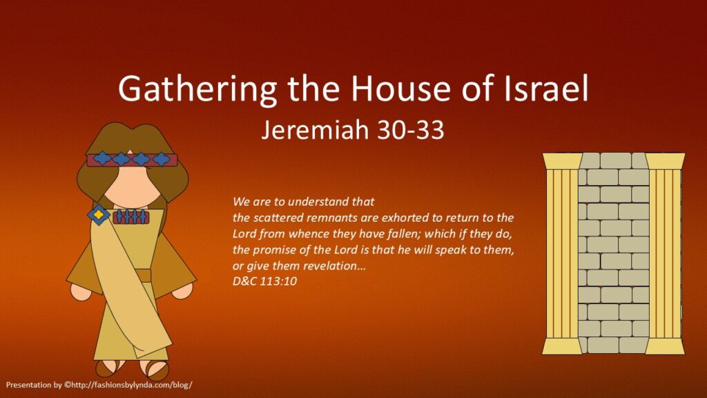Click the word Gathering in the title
(x=197, y=89)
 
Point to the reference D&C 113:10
(x=264, y=282)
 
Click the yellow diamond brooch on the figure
(x=99, y=215)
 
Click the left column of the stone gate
(x=562, y=254)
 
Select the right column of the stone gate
(x=665, y=254)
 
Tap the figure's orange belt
(x=144, y=275)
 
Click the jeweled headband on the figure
(x=132, y=160)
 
